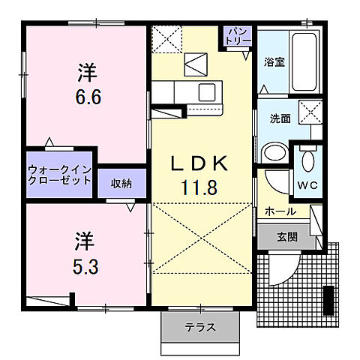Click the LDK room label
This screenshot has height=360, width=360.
(201, 164)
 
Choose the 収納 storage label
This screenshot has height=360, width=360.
(121, 182)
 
